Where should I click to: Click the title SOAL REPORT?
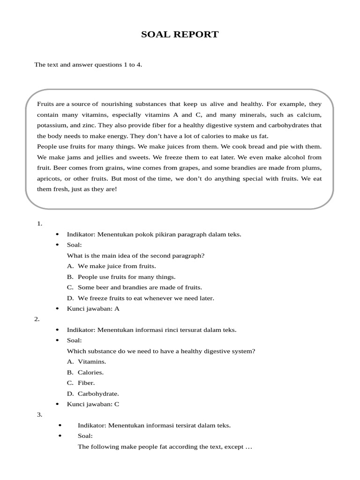click(x=180, y=34)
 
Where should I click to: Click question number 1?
click(x=40, y=224)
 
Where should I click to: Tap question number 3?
click(x=39, y=415)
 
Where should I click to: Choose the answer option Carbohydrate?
click(x=98, y=394)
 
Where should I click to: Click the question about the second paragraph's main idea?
click(x=136, y=255)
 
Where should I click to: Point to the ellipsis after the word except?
click(x=249, y=447)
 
